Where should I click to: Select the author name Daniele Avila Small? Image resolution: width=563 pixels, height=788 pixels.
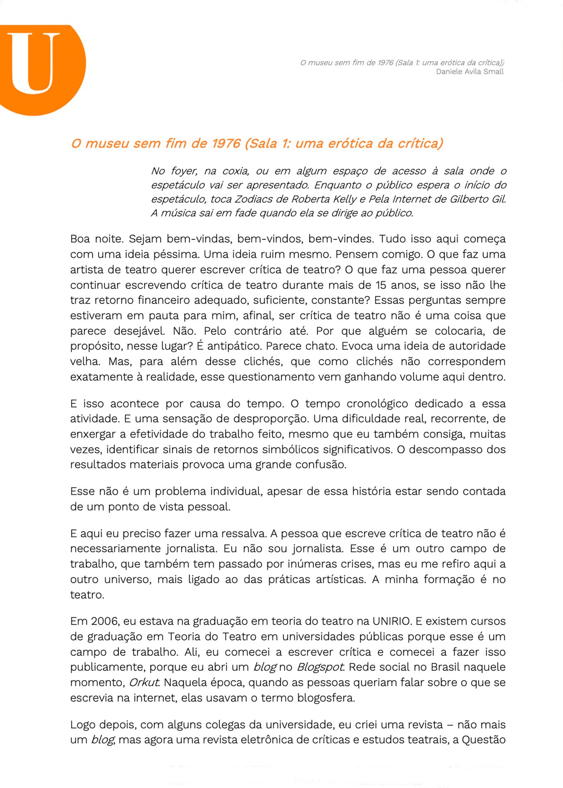coord(469,71)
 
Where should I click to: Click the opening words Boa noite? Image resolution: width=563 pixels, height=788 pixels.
coord(97,239)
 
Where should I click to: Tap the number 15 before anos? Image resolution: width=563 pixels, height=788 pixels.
coord(381,285)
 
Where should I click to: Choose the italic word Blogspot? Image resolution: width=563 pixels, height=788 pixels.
coord(320,667)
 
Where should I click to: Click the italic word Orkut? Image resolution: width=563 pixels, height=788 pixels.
coord(144,682)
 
